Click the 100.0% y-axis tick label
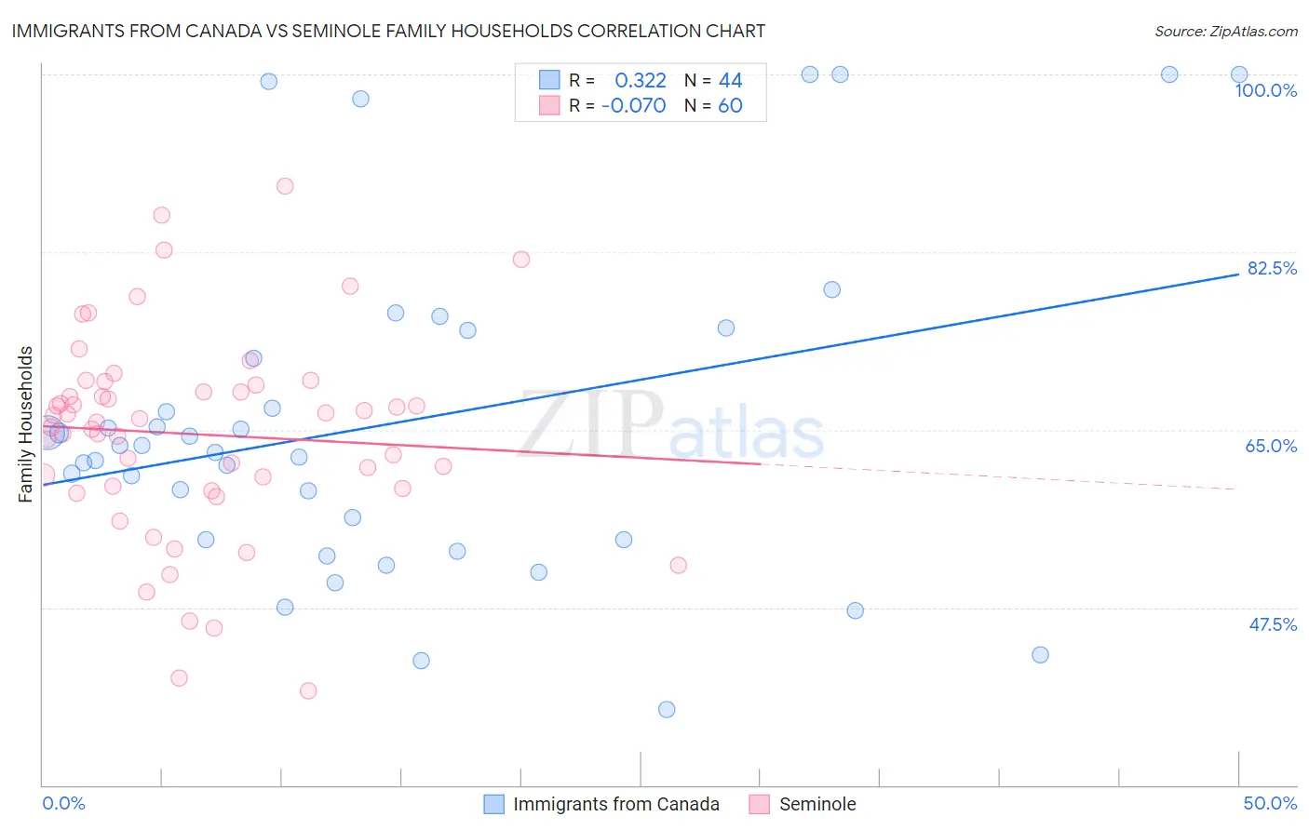point(1265,90)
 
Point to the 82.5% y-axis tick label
point(1272,268)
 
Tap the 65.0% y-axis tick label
point(1271,446)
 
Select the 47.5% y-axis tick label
point(1272,624)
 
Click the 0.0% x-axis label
point(63,803)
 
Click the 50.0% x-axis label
point(1270,803)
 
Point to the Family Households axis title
point(26,424)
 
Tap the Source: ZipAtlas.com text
point(1225,32)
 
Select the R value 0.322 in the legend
point(641,80)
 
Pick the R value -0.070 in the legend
point(634,105)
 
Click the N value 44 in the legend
point(730,80)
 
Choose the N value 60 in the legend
point(730,105)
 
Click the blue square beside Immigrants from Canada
point(493,804)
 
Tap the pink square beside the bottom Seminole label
point(760,804)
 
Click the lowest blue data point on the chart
point(667,709)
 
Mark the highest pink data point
point(285,186)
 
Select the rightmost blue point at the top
point(1239,74)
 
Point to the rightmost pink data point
point(679,565)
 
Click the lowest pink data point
point(308,690)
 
